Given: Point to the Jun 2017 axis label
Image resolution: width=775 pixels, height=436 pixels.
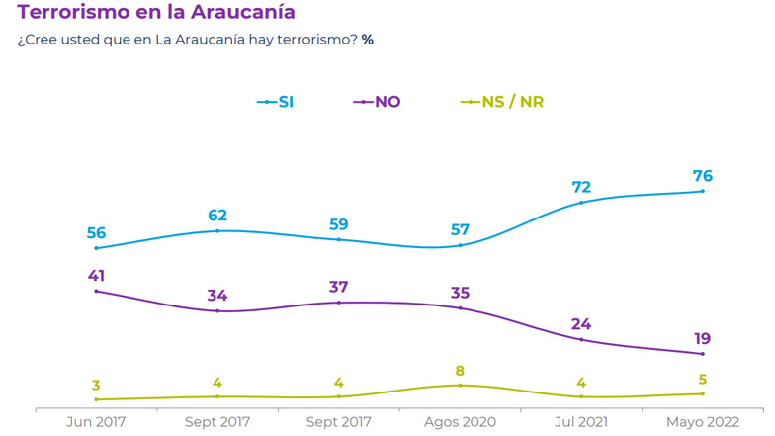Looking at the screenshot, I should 96,422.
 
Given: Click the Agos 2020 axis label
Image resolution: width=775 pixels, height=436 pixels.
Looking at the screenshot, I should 460,422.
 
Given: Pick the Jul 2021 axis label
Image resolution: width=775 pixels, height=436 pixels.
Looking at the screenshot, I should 581,422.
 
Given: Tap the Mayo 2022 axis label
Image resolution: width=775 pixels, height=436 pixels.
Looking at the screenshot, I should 702,422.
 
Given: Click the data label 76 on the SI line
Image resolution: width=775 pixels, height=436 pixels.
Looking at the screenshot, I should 702,176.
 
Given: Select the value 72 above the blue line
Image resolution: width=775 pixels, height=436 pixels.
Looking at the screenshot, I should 581,187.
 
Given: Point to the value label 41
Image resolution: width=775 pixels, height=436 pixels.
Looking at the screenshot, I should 96,275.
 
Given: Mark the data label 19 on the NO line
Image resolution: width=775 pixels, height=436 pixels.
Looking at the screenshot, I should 702,339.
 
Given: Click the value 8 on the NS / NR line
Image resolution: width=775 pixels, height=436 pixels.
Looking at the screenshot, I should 460,370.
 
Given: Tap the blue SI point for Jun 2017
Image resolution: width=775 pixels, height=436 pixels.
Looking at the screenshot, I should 96,248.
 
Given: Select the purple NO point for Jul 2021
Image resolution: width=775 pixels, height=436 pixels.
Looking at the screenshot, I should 581,339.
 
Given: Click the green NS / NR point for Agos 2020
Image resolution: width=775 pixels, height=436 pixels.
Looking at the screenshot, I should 460,385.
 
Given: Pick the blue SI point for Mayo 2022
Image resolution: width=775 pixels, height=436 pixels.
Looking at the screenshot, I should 702,191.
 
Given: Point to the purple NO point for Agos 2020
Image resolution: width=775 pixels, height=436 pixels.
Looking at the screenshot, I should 460,308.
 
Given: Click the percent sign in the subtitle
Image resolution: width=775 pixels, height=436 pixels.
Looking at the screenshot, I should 367,41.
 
